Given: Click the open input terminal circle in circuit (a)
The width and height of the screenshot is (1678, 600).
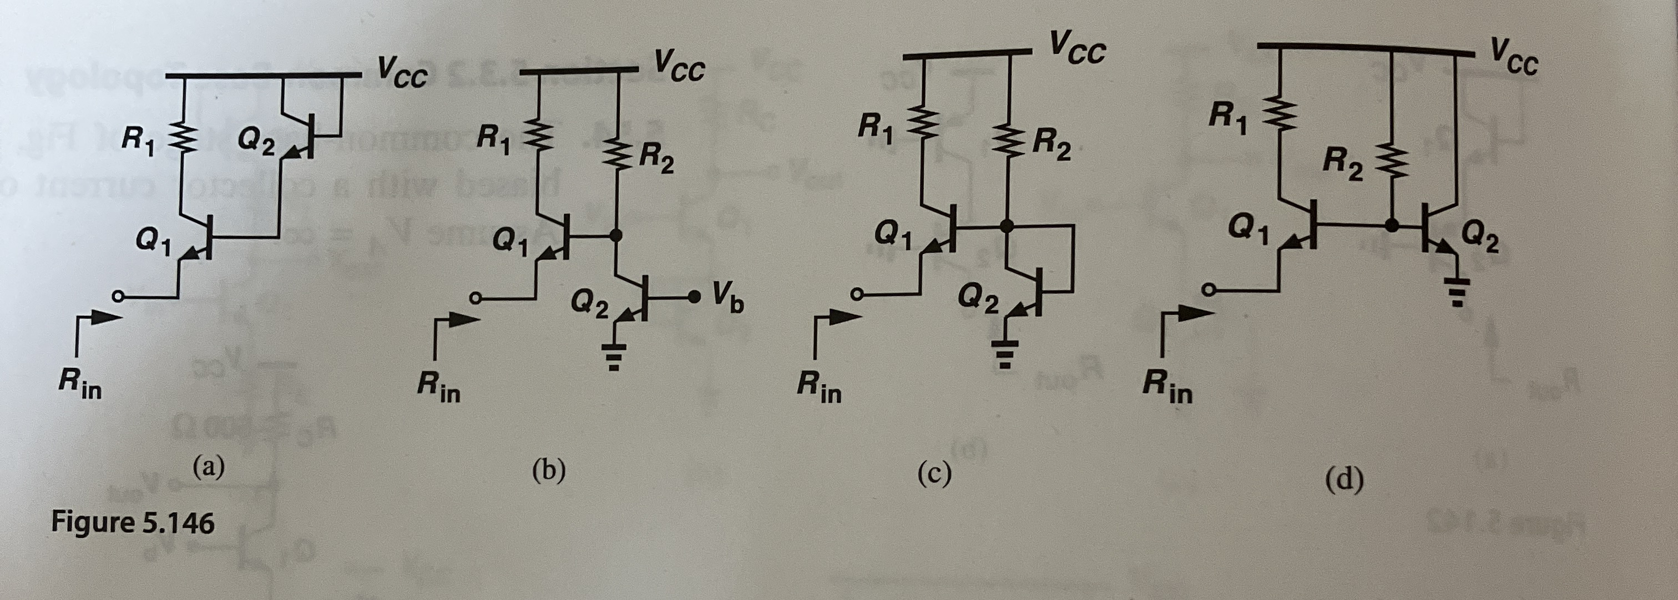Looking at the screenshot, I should [117, 297].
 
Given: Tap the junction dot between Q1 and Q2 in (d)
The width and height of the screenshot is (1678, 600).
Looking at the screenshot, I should [1391, 225].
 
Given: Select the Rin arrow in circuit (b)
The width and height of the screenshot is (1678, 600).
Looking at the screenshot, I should [456, 329].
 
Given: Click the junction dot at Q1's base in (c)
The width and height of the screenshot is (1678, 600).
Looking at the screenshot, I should [1007, 226].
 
